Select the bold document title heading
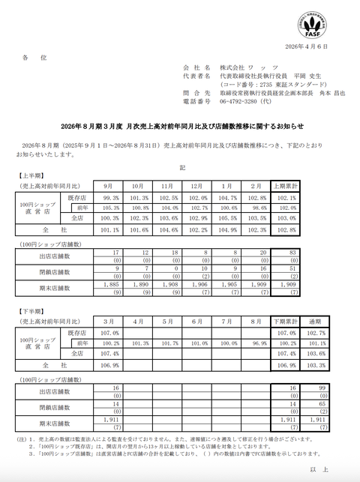[x=180, y=127]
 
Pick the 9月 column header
[x=109, y=184]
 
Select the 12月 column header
[x=197, y=184]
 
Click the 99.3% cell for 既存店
[x=109, y=197]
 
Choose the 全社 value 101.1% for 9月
[x=109, y=231]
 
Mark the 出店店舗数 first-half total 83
[x=288, y=253]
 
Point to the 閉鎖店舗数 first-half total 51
[x=288, y=268]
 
